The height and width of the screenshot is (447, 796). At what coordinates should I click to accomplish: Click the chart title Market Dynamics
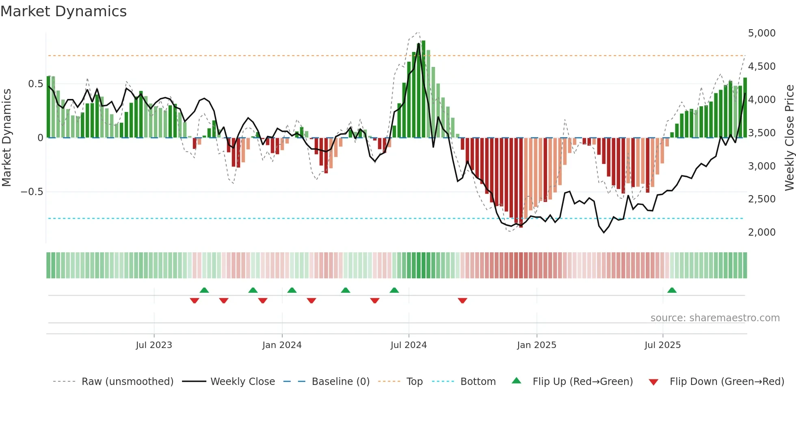pos(63,11)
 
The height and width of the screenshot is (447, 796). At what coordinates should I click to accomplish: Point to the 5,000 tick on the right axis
pos(761,33)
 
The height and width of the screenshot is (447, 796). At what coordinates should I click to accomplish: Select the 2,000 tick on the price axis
pos(761,232)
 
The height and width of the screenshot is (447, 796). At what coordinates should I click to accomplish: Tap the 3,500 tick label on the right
pos(761,133)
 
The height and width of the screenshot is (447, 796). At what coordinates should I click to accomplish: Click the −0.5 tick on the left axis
pos(32,192)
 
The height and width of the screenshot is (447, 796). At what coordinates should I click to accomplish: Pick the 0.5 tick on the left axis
pos(35,84)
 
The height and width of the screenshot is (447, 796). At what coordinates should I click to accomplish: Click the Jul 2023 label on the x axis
pos(154,345)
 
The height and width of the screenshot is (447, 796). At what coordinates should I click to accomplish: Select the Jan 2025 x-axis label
pos(536,345)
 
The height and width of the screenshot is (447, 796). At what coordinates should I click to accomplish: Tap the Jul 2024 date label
pos(409,345)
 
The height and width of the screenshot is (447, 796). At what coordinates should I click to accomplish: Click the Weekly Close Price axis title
pos(789,138)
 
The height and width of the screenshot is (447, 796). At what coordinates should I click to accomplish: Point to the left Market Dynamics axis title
pos(6,138)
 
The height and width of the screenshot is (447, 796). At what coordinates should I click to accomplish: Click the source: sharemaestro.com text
pos(715,318)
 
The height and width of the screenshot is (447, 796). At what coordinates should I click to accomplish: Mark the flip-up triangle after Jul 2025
pos(672,290)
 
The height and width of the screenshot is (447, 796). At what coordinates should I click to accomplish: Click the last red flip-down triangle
pos(462,301)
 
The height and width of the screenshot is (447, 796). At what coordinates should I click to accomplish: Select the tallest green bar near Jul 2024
pos(424,89)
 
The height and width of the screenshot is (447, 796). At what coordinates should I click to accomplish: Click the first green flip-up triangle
pos(204,290)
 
